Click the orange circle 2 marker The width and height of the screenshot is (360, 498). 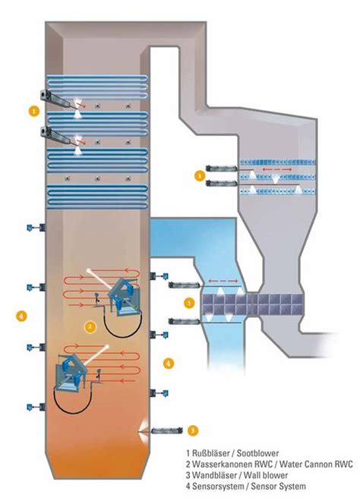pyautogui.click(x=90, y=327)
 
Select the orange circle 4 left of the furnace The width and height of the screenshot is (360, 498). pyautogui.click(x=21, y=314)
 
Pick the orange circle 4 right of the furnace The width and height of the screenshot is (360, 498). pyautogui.click(x=169, y=363)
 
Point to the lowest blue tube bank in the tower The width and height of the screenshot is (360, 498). pyautogui.click(x=95, y=195)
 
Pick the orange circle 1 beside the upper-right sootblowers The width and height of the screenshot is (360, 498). pyautogui.click(x=200, y=175)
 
